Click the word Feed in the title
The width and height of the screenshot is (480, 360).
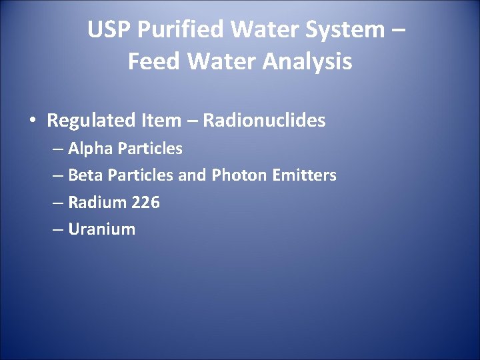(x=152, y=62)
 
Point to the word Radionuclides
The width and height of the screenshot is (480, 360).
(x=264, y=121)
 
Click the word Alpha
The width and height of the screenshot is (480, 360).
(x=90, y=148)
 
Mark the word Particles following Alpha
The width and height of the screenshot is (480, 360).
(x=149, y=148)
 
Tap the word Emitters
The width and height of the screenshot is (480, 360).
(x=305, y=175)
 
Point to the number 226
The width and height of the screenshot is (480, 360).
(x=145, y=203)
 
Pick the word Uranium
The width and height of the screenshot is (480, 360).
(x=101, y=229)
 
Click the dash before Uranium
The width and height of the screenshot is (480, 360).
(x=57, y=230)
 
